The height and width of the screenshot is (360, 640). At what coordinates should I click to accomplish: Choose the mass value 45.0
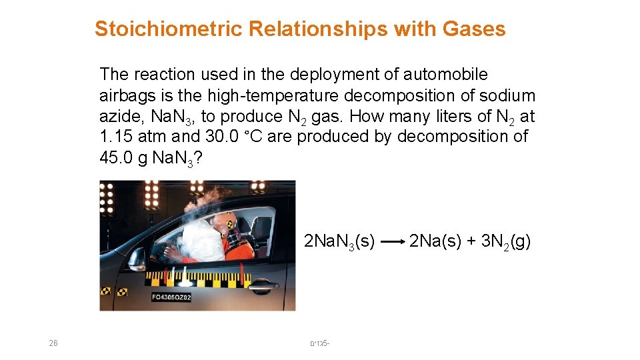[116, 158]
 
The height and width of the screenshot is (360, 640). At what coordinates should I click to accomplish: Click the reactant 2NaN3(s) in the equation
[339, 241]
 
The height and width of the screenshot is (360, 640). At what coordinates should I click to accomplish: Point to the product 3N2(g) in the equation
[505, 241]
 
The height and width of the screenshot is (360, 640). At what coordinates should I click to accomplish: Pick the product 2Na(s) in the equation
[435, 241]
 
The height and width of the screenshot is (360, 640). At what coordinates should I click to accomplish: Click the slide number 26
[53, 343]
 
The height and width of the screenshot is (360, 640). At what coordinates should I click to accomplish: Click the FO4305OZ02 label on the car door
[171, 297]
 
